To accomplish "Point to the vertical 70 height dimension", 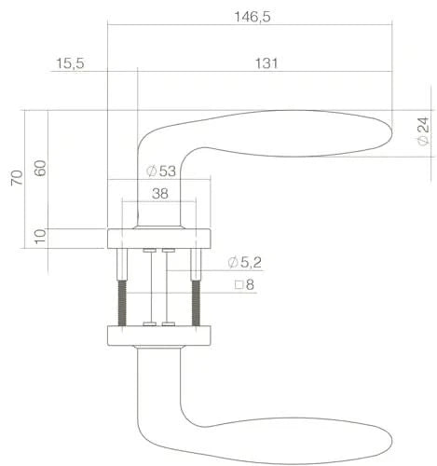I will tap(16, 178).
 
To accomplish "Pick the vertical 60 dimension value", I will tap(39, 168).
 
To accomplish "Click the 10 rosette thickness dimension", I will tap(39, 238).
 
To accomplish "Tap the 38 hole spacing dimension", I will tap(159, 195).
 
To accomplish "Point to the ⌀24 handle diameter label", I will tap(422, 131).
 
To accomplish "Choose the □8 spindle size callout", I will tap(244, 284).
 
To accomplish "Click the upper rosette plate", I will tap(159, 237).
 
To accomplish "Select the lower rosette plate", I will tap(159, 335).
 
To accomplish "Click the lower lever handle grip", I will tap(280, 438).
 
